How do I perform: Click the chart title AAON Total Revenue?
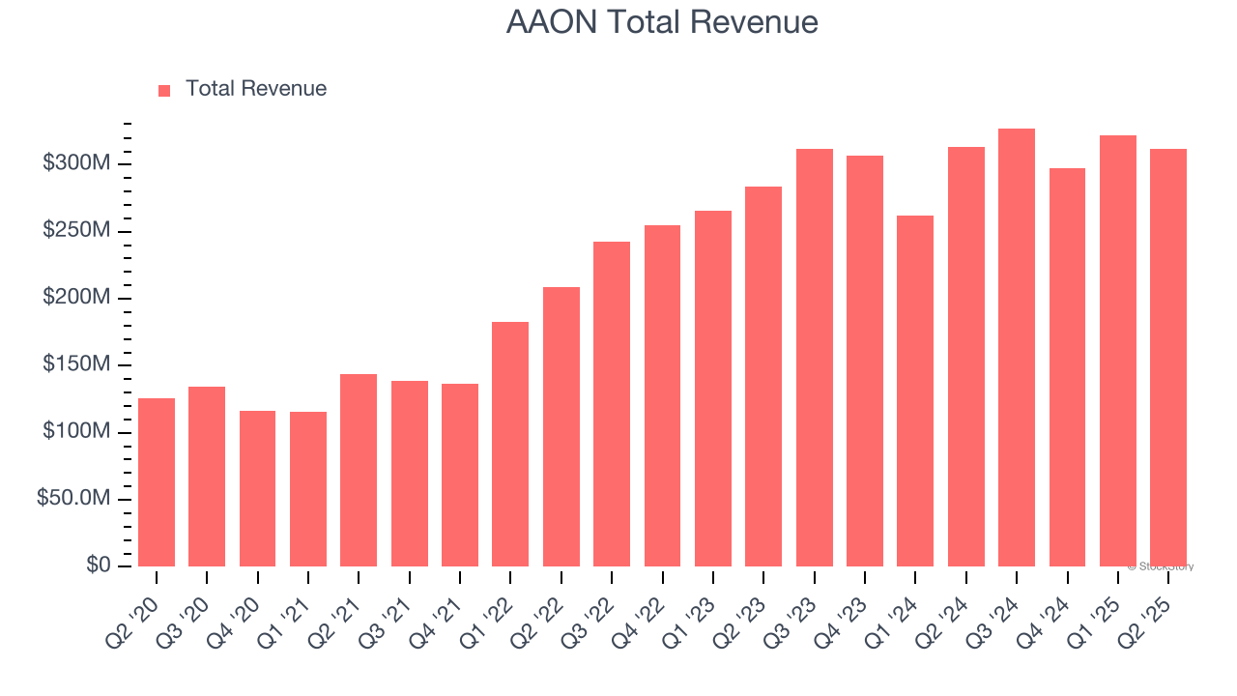(662, 22)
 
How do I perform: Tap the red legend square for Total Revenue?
(164, 90)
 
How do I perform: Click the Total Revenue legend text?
(256, 89)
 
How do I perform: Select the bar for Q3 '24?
(1017, 347)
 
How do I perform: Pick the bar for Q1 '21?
(308, 488)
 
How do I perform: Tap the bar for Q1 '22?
(510, 444)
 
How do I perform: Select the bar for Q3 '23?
(815, 358)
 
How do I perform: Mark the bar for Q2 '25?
(1168, 358)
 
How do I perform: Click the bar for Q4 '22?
(662, 395)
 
